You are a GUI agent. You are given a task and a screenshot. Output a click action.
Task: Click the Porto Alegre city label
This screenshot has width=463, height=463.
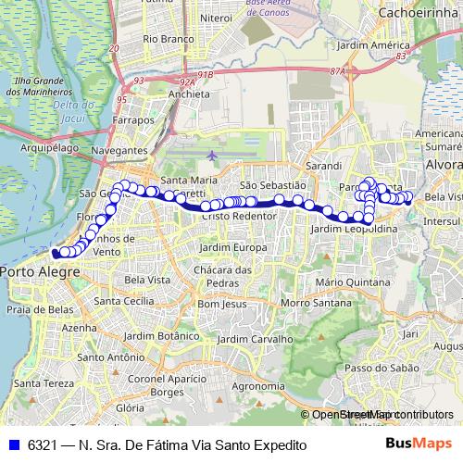[x=40, y=271]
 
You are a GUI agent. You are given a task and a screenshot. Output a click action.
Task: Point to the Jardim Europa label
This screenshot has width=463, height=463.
[x=238, y=248]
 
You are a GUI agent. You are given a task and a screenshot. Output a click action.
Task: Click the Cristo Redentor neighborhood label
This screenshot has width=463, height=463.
[x=239, y=215]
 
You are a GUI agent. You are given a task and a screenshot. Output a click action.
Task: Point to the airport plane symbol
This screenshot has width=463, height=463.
[x=215, y=155]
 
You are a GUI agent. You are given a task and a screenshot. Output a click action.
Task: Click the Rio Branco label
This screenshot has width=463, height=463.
[x=169, y=40]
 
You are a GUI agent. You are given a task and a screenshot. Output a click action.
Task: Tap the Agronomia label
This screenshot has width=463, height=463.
[x=257, y=385]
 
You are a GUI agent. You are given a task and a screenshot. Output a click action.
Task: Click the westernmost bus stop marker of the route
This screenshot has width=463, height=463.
[x=56, y=252]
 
